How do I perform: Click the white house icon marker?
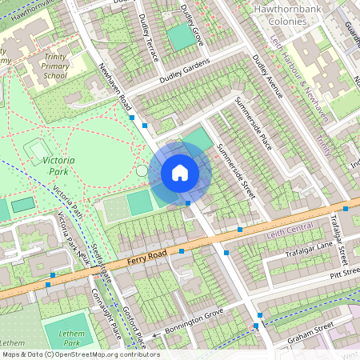180,173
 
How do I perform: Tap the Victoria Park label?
58,166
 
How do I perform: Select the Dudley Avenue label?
267,80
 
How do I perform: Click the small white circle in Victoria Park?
142,170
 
